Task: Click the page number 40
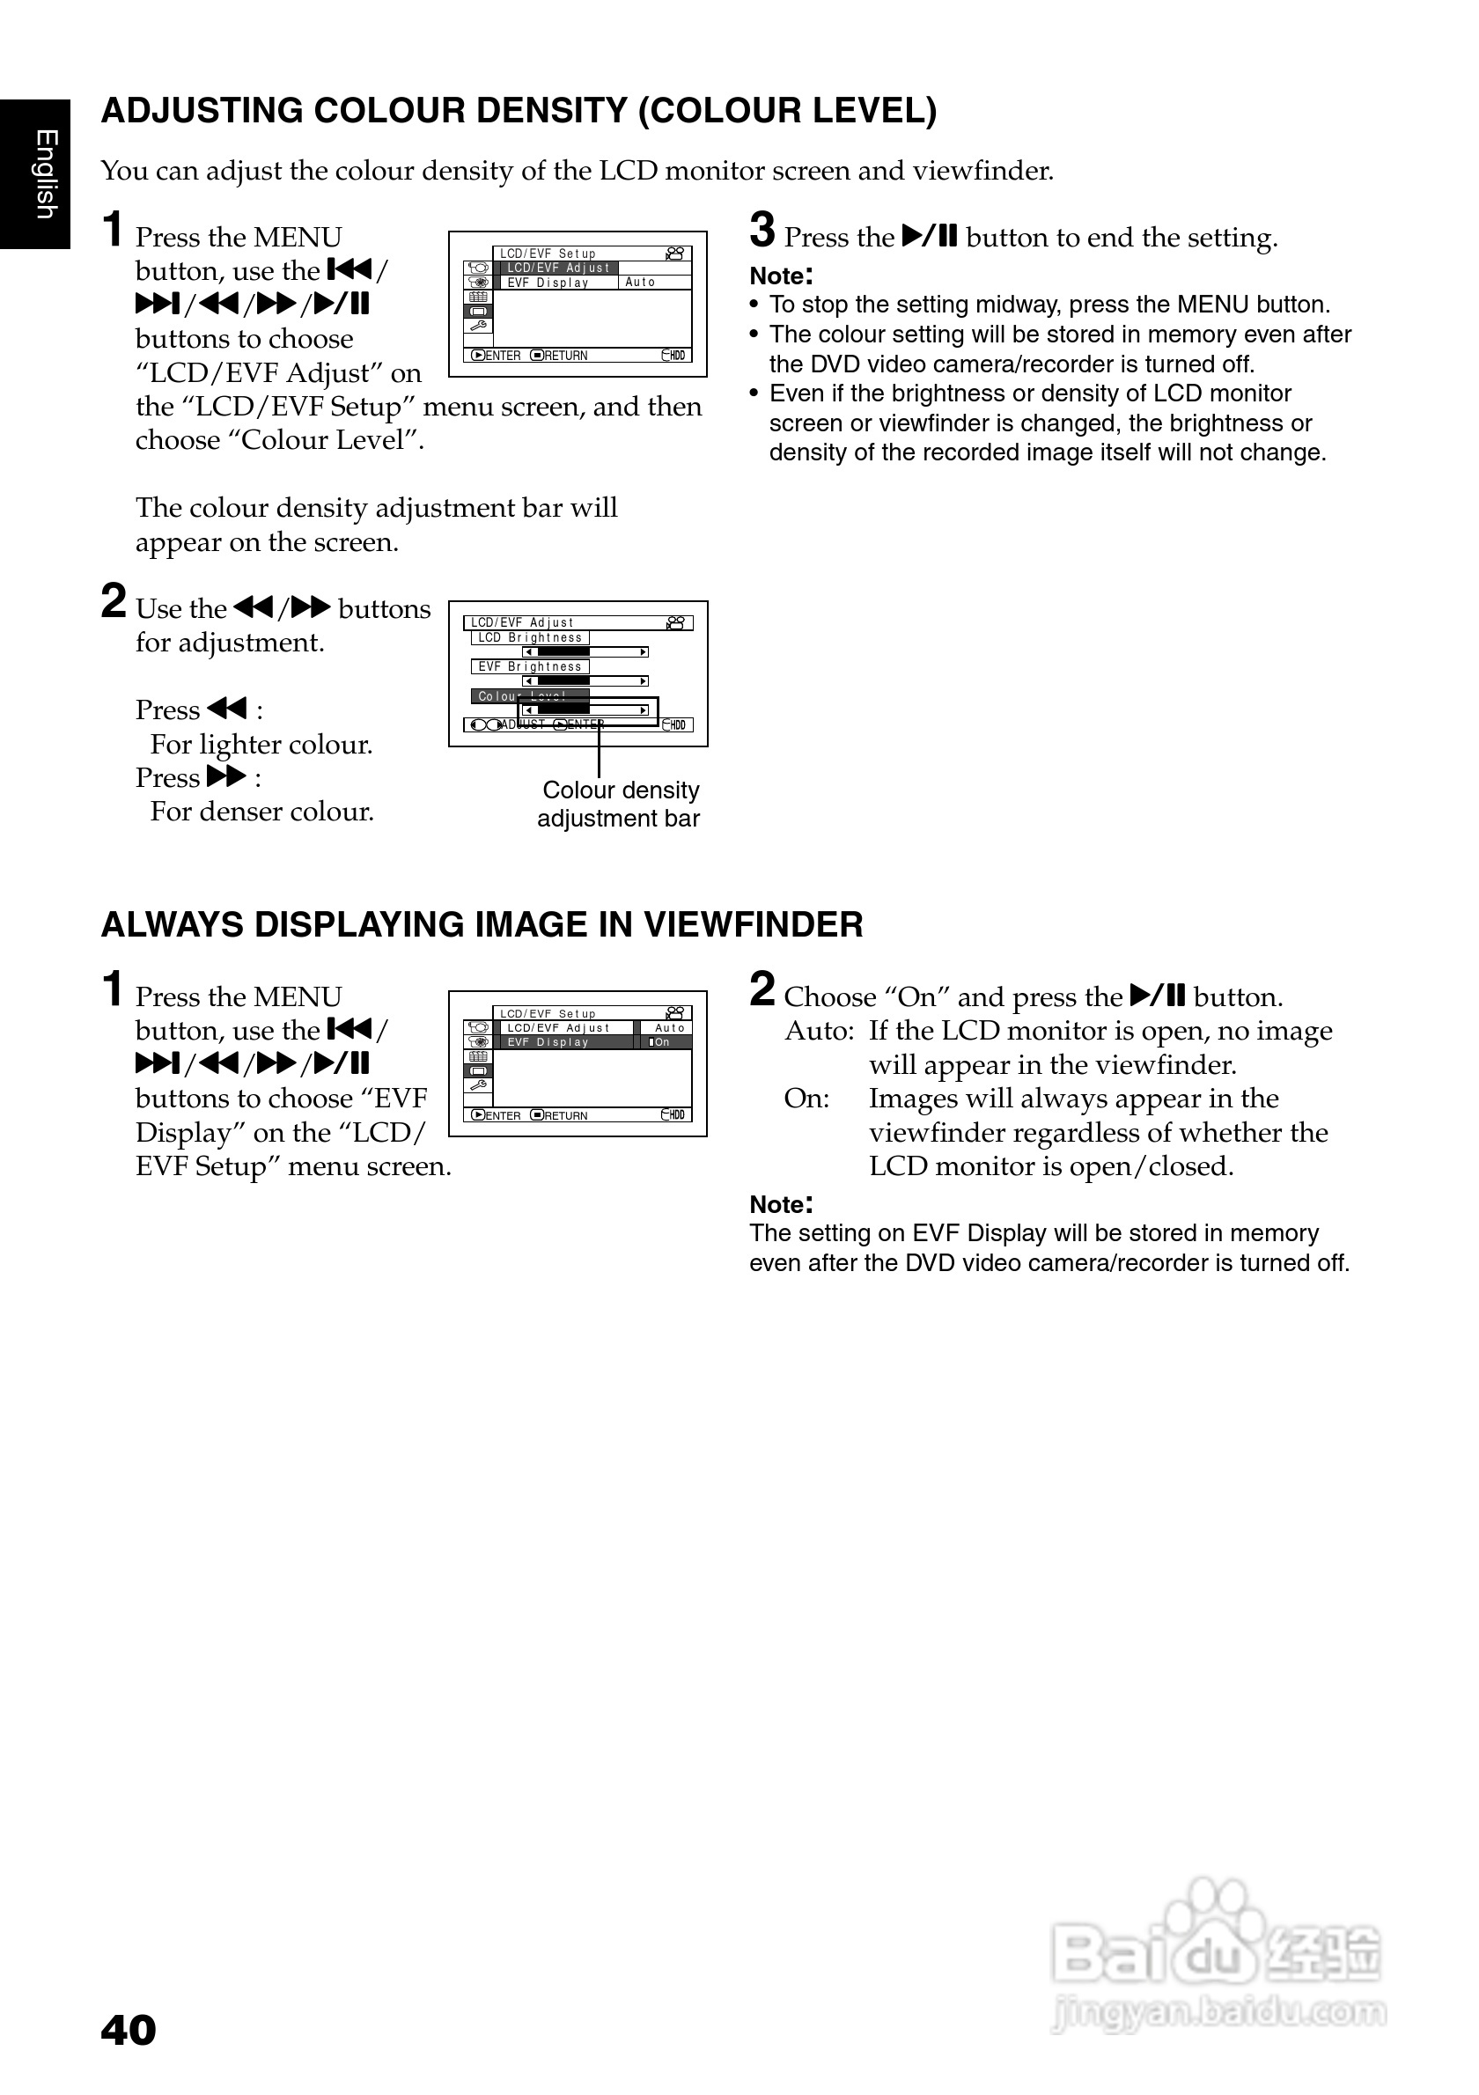click(129, 2029)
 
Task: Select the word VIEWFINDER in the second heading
click(753, 924)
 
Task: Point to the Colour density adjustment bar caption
click(620, 804)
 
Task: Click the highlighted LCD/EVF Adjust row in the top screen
click(558, 268)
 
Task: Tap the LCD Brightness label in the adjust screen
click(530, 638)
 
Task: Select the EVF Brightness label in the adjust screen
click(530, 667)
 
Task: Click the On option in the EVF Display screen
click(662, 1042)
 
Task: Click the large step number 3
click(762, 231)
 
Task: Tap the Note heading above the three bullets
click(781, 276)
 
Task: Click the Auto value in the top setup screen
click(641, 283)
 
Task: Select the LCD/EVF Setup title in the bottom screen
click(548, 1014)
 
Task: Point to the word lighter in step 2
click(239, 745)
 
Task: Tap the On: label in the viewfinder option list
click(806, 1099)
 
